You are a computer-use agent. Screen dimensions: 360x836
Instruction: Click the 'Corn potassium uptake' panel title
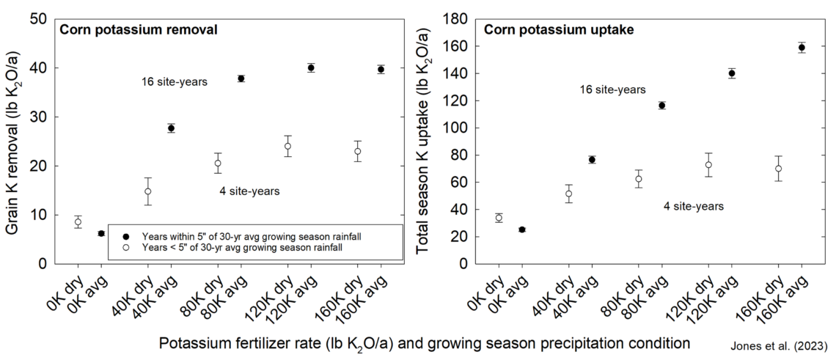[x=559, y=30]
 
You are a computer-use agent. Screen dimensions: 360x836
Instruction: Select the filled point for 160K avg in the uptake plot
[x=802, y=48]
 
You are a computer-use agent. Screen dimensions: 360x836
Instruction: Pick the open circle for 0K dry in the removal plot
[x=78, y=221]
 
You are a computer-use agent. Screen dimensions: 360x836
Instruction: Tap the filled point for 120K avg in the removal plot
[x=311, y=67]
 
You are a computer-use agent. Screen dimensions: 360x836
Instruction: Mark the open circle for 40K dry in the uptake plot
[x=568, y=194]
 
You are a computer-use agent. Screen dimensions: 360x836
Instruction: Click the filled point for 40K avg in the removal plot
[x=171, y=128]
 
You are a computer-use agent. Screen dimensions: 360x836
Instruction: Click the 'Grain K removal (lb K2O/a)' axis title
[x=14, y=142]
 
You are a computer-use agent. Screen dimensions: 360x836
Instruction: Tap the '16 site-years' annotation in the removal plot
[x=175, y=82]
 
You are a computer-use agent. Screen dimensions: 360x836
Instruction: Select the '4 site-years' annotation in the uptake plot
[x=694, y=207]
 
